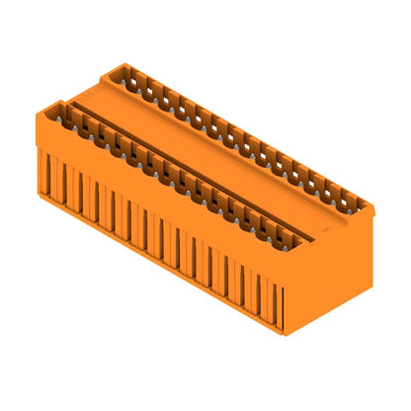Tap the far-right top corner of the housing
pos(372,205)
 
